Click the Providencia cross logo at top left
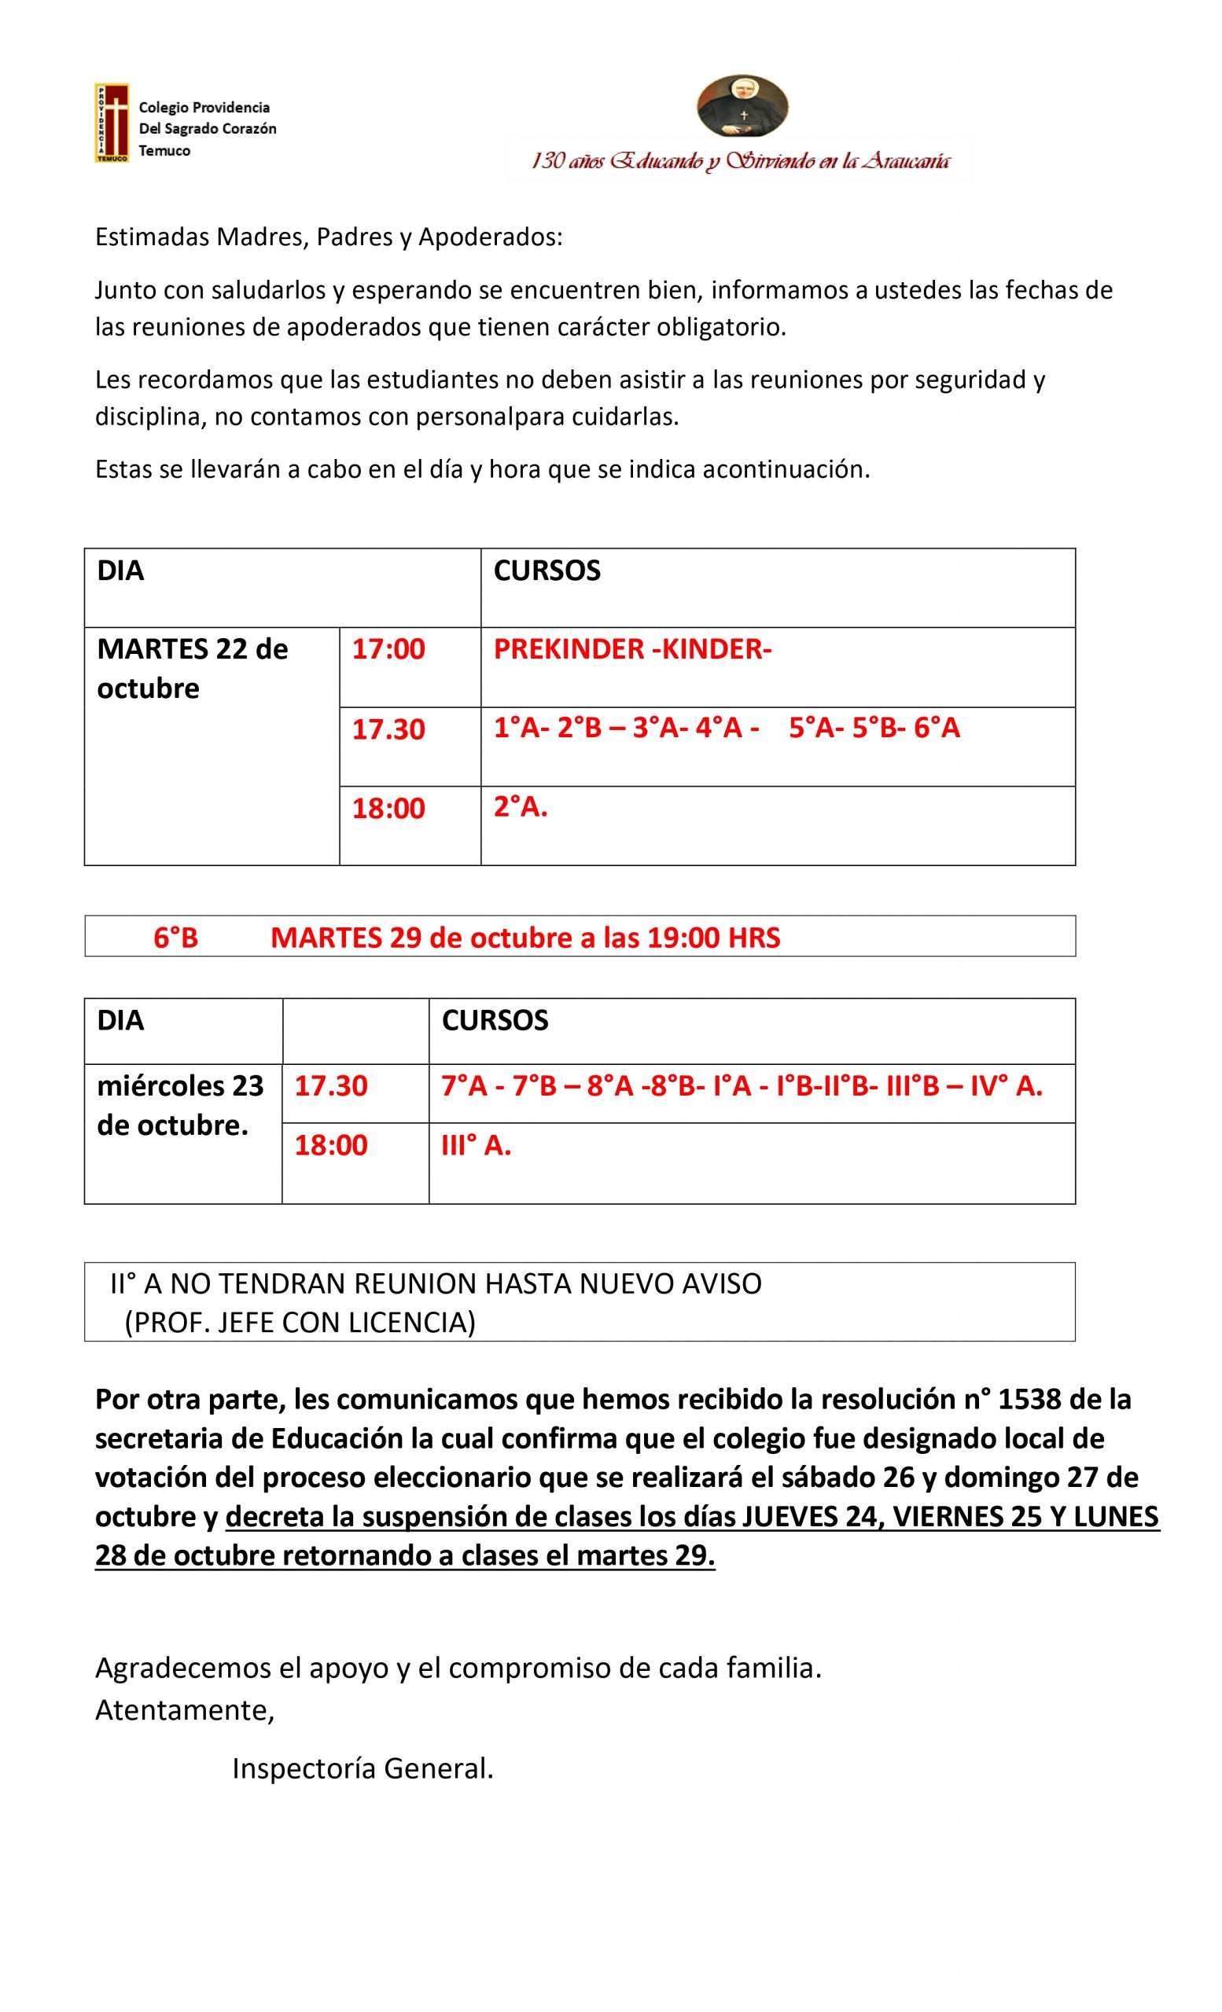[x=111, y=123]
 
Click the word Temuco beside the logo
[x=164, y=151]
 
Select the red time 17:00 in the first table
[x=388, y=649]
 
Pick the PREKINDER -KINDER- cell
[x=632, y=649]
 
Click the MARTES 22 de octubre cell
[x=192, y=668]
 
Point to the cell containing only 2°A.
[x=521, y=806]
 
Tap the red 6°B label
[x=175, y=938]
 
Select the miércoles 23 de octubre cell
[x=180, y=1105]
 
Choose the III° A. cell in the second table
[x=477, y=1146]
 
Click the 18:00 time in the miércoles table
[x=331, y=1145]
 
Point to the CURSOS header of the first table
[x=547, y=570]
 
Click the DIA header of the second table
[x=120, y=1020]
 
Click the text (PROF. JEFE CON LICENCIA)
[x=299, y=1322]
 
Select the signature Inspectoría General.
[x=363, y=1768]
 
